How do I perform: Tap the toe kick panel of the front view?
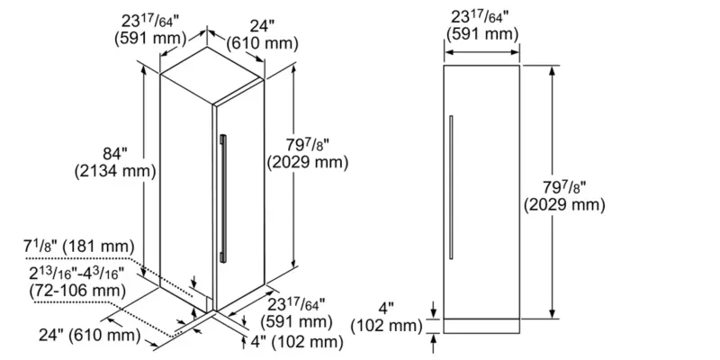tap(482, 323)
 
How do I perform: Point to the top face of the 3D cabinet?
tap(212, 69)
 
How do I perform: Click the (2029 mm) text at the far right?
tap(562, 206)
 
